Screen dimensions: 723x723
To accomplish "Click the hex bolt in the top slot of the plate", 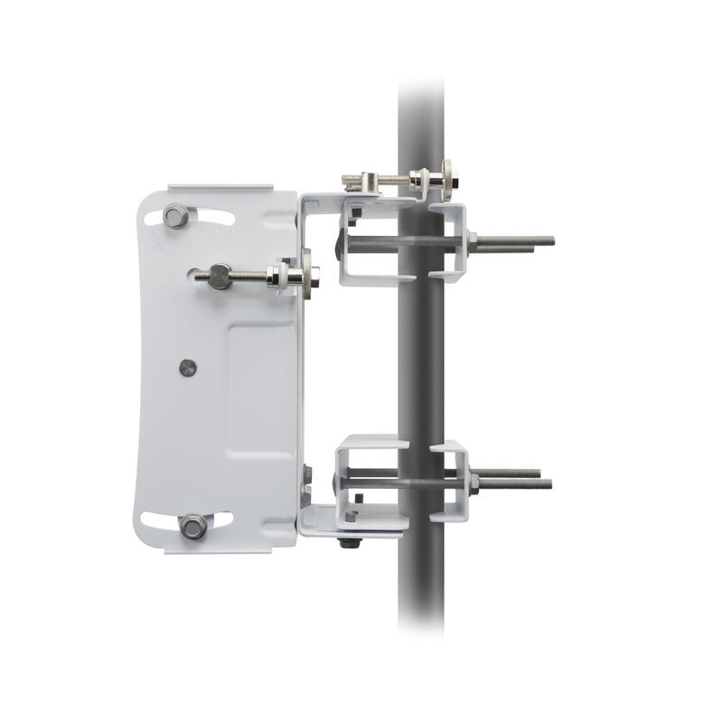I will point(176,217).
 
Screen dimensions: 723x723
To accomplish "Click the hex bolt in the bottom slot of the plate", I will point(192,525).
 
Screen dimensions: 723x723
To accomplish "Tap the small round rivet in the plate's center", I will point(188,367).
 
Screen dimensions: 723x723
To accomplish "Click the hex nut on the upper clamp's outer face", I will point(472,239).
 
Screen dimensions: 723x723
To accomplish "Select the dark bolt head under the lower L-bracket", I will point(347,542).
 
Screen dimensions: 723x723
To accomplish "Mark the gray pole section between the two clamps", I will point(421,361).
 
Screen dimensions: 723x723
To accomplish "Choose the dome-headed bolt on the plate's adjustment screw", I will point(219,276).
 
